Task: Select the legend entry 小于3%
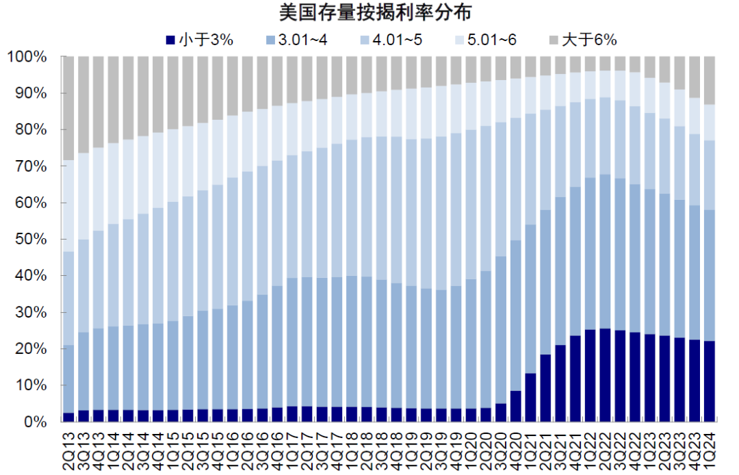[206, 40]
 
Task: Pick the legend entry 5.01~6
[492, 40]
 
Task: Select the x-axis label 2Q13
[69, 448]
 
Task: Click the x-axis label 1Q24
[709, 448]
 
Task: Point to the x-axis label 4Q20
[515, 448]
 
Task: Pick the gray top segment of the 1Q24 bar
[709, 80]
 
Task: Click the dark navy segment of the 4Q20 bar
[515, 407]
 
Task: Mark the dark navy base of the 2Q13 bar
[68, 418]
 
